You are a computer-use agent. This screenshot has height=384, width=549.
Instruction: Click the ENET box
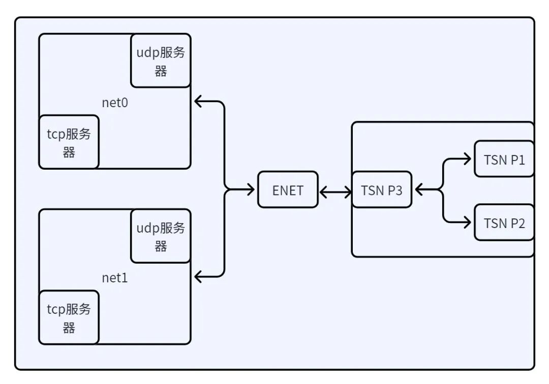tap(288, 189)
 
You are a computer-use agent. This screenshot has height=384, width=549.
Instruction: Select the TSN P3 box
tap(382, 189)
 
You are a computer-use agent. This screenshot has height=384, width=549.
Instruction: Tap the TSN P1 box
tap(504, 159)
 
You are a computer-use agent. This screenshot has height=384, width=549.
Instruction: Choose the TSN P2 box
tap(504, 222)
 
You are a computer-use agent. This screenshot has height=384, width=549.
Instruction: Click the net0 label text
tap(115, 103)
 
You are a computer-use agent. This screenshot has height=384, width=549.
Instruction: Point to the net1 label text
tap(115, 278)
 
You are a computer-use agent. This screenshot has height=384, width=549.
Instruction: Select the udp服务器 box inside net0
tap(161, 60)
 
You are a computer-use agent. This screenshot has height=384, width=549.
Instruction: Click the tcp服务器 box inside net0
tap(69, 142)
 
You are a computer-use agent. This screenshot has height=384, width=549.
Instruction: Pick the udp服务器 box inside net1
tap(161, 236)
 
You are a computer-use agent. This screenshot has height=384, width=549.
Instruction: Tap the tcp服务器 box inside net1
tap(69, 317)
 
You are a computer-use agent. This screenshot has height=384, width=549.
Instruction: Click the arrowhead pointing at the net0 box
tap(198, 102)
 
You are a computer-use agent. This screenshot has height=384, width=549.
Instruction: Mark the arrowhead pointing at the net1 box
tap(198, 277)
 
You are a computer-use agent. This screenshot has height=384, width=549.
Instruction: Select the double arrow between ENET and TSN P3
tap(335, 192)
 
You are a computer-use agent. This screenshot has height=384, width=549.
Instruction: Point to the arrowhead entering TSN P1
tap(467, 159)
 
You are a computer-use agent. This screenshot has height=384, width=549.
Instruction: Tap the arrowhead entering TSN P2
tap(467, 222)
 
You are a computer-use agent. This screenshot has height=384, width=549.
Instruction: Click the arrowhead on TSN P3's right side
tap(419, 189)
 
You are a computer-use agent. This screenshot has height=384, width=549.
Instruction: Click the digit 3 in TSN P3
tap(399, 190)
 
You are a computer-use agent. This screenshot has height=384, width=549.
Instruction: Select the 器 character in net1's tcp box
tap(69, 328)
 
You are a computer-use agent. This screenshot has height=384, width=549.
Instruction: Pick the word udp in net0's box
tap(148, 53)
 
